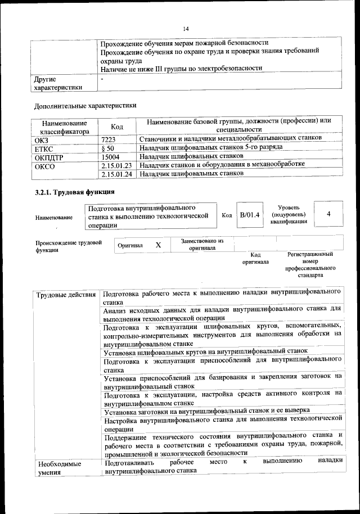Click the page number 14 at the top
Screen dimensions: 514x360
click(x=186, y=29)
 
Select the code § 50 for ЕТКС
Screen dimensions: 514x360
click(x=107, y=147)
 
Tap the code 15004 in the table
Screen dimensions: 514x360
click(x=110, y=156)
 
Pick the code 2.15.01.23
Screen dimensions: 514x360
click(x=117, y=165)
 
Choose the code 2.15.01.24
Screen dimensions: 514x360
click(x=117, y=174)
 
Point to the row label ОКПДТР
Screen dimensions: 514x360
click(x=48, y=157)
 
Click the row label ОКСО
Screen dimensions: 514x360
click(x=45, y=166)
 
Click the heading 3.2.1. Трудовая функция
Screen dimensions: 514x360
click(x=71, y=193)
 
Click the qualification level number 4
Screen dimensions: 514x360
click(x=328, y=214)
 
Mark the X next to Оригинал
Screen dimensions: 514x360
click(x=159, y=245)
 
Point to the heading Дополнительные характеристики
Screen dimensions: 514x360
click(x=85, y=105)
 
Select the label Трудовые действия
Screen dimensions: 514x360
click(x=65, y=295)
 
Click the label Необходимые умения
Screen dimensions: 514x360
click(x=58, y=468)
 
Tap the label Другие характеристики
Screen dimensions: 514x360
click(x=58, y=83)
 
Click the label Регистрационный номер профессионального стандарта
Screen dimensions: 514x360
click(x=310, y=265)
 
